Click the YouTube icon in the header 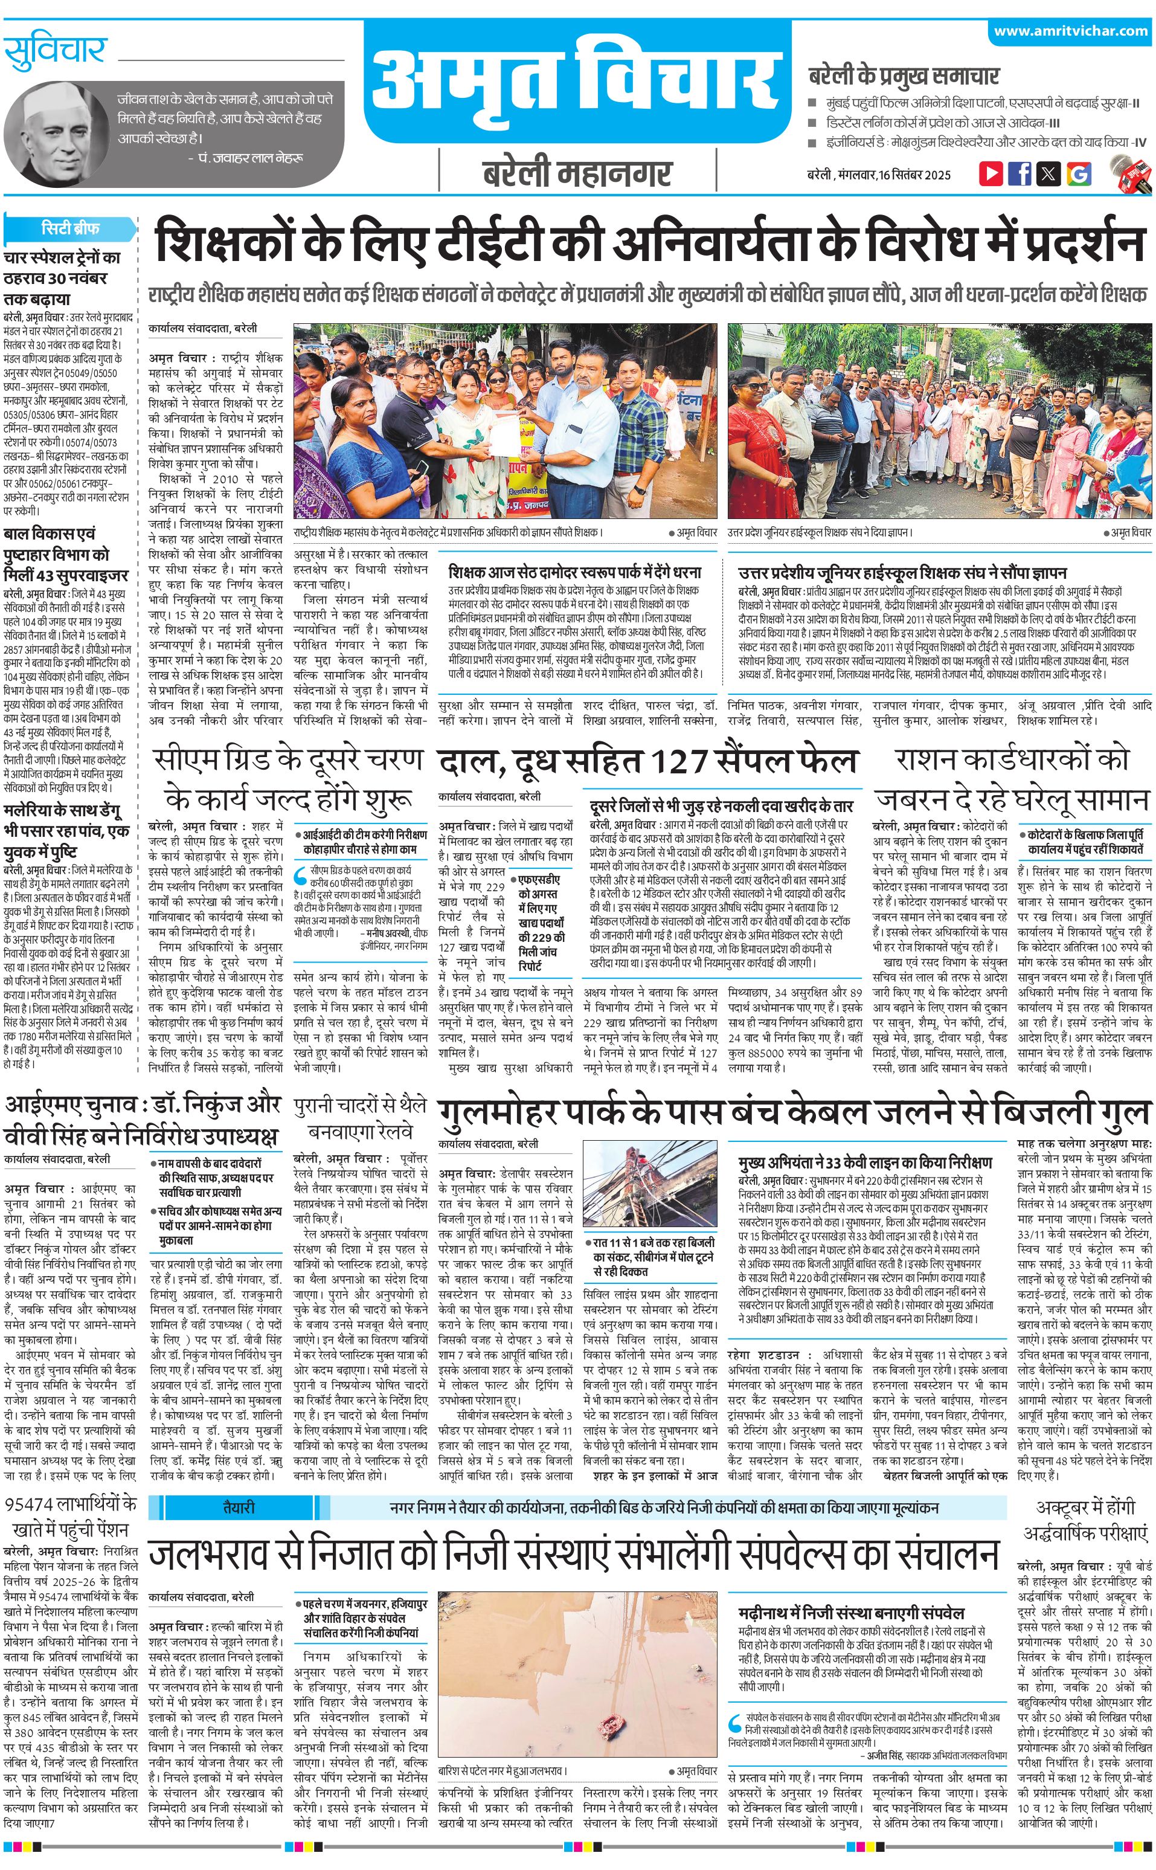coord(991,173)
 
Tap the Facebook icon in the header coord(1020,173)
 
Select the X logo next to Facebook coord(1049,173)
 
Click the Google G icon coord(1079,173)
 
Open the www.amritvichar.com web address coord(1070,31)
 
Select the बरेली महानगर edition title coord(577,173)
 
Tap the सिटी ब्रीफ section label coord(70,228)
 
